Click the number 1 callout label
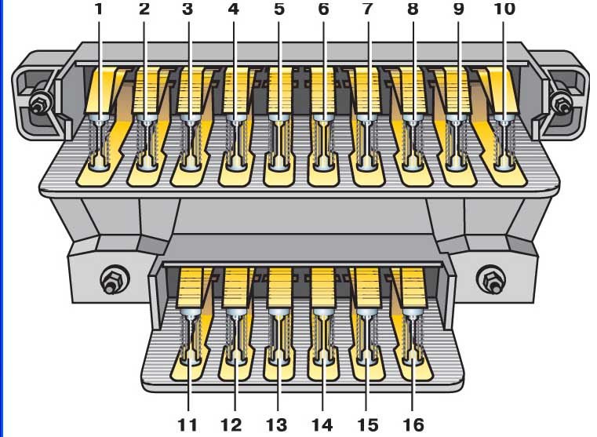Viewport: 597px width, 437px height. [x=99, y=9]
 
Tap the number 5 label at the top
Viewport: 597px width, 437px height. [x=279, y=9]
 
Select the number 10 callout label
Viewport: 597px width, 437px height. [x=504, y=9]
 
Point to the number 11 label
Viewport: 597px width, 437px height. [x=187, y=424]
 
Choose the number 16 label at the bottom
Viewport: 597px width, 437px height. [x=413, y=424]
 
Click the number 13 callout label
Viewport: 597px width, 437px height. [x=276, y=424]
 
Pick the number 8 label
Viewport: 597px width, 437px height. [x=413, y=9]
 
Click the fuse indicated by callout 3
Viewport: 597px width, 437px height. [x=191, y=142]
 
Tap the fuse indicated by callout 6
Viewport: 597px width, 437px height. [x=324, y=142]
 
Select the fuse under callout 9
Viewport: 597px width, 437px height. [x=457, y=142]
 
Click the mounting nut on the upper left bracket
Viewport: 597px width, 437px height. [x=39, y=104]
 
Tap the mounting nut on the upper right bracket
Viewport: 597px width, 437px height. [x=562, y=104]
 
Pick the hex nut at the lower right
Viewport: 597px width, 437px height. [x=490, y=281]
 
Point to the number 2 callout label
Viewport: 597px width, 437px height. [x=144, y=9]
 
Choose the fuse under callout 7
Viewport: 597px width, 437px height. [x=367, y=142]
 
